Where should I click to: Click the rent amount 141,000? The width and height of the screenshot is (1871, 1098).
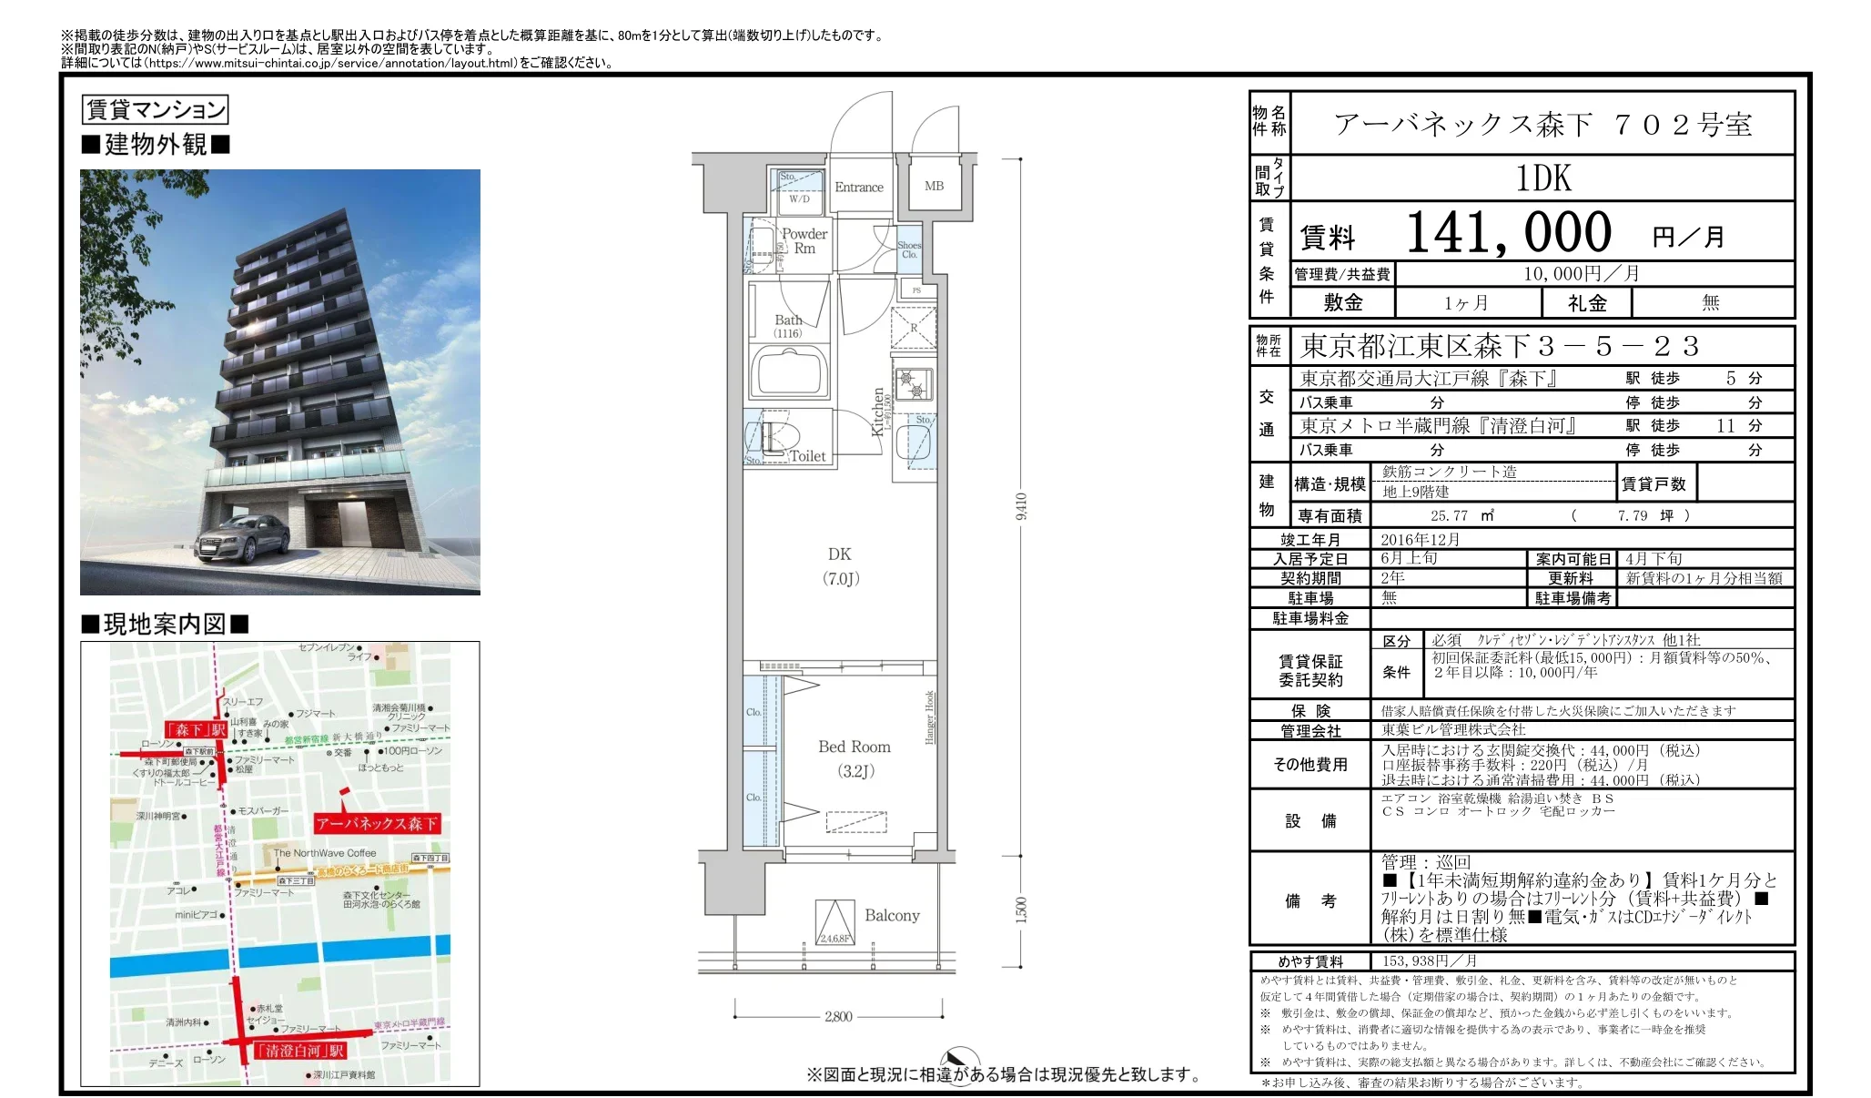(x=1508, y=233)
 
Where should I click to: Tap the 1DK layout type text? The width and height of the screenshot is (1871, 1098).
(x=1543, y=178)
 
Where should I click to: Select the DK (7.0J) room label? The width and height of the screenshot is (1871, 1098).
(x=840, y=565)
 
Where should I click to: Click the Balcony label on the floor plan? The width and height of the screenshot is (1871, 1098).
(x=892, y=916)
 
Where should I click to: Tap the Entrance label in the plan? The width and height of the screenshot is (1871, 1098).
(x=858, y=188)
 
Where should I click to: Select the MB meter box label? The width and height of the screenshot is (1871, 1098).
(x=934, y=186)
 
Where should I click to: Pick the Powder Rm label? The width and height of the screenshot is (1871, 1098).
(x=804, y=240)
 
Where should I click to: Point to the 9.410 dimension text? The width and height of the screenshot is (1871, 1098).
(x=1022, y=506)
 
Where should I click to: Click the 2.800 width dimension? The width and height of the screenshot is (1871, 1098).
(x=838, y=1016)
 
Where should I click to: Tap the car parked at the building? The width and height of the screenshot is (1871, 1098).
(x=241, y=537)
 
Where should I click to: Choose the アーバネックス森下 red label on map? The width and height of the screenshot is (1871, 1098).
(x=377, y=823)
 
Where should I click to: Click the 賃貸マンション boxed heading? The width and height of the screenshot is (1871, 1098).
(x=155, y=110)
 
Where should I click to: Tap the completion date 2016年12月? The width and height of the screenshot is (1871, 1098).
(x=1420, y=539)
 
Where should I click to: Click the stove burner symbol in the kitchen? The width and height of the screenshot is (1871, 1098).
(x=913, y=383)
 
